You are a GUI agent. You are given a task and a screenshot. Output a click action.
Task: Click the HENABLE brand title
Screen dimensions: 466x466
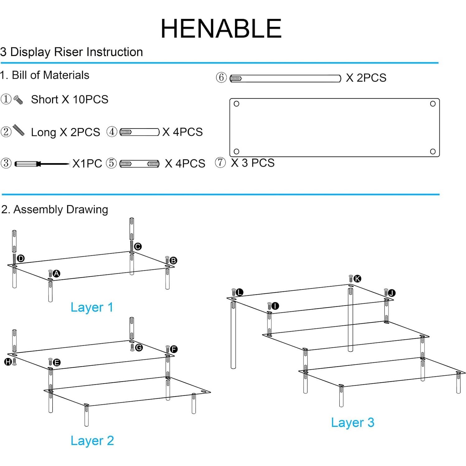click(221, 29)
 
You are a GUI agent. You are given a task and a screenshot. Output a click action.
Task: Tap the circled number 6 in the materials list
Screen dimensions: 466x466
click(221, 78)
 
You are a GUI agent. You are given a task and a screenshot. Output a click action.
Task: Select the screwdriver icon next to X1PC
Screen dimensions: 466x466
click(42, 164)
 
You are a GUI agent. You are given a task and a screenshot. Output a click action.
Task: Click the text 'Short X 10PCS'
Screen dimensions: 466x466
click(69, 100)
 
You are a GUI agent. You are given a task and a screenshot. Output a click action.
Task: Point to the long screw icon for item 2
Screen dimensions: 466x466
click(18, 130)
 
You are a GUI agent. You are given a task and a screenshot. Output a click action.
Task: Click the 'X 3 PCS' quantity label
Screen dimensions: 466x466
click(252, 163)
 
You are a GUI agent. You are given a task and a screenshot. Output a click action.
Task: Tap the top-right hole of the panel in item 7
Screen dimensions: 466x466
click(433, 104)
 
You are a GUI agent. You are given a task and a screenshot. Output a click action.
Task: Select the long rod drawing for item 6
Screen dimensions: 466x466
click(285, 78)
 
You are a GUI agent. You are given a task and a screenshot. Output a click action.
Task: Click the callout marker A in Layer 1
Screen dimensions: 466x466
click(56, 274)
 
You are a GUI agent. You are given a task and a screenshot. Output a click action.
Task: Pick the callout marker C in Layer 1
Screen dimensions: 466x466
click(138, 247)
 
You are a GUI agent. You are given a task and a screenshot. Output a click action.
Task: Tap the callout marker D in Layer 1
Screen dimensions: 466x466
click(21, 258)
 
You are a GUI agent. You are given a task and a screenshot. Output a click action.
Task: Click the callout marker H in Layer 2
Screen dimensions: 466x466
click(8, 362)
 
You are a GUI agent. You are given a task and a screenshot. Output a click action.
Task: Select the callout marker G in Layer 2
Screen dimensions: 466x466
click(139, 347)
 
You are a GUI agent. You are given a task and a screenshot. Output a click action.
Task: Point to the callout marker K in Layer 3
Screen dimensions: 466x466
click(357, 279)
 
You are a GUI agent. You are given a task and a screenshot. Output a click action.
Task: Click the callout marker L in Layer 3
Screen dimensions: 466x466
click(239, 292)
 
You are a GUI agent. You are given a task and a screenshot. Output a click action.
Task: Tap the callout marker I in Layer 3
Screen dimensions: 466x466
click(275, 306)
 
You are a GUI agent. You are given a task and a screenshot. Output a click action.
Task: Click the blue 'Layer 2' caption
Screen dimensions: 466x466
click(92, 440)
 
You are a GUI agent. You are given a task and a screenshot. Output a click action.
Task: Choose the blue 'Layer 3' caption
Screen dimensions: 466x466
click(352, 422)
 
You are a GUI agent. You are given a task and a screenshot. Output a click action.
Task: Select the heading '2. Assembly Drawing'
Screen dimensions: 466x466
click(55, 209)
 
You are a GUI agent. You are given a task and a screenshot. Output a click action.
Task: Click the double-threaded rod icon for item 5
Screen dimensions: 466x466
click(139, 164)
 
